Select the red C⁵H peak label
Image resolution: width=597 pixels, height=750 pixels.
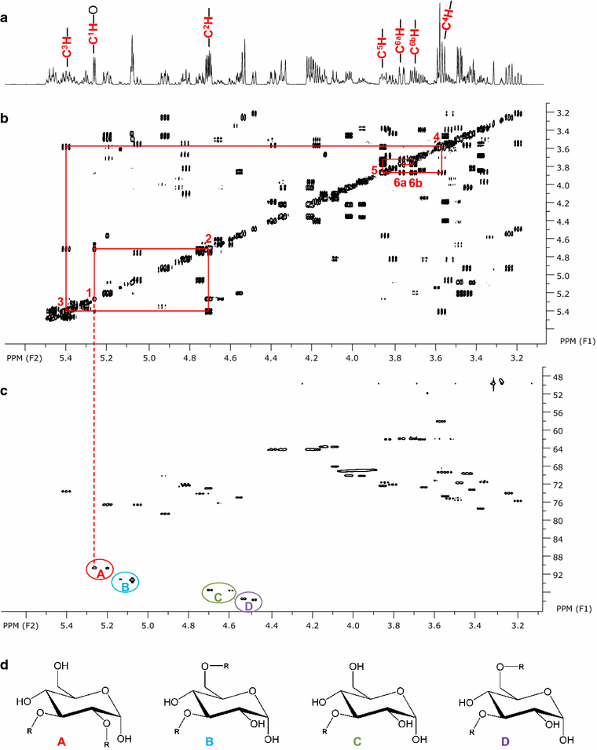[x=382, y=47]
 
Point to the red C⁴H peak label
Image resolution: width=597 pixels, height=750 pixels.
[x=447, y=22]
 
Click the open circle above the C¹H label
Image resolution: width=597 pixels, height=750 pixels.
[x=93, y=10]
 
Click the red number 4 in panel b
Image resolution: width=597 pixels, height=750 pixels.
[x=436, y=137]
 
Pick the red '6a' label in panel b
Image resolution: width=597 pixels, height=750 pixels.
[x=400, y=182]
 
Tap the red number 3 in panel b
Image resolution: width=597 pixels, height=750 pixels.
[x=60, y=302]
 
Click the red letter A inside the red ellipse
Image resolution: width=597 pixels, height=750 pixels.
[x=100, y=574]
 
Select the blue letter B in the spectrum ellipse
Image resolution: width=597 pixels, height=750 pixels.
[x=124, y=585]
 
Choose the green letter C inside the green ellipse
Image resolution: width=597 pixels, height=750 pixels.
[x=218, y=598]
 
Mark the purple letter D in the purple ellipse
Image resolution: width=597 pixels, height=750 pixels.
[x=248, y=605]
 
